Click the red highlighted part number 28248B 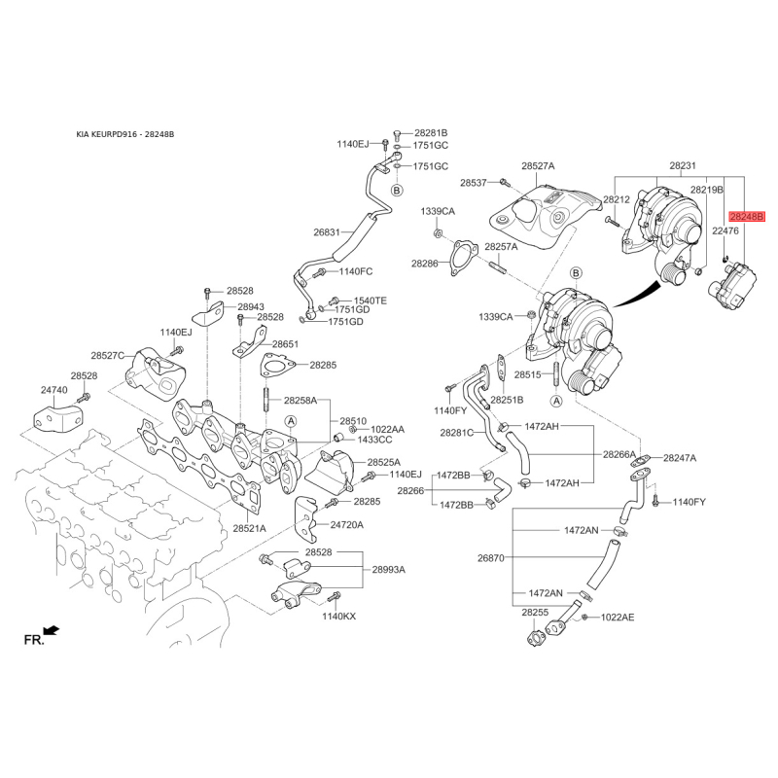[747, 216]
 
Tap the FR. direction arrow [52, 630]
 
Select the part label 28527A [538, 166]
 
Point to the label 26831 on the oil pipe [327, 231]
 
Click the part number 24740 [54, 390]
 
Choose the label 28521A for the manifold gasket [250, 528]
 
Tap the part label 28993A [388, 569]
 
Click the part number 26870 [491, 557]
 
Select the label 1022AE [618, 618]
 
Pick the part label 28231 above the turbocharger [683, 165]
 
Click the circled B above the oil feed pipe [397, 190]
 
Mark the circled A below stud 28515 [556, 401]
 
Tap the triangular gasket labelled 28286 [465, 258]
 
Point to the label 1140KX [338, 617]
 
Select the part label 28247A [680, 458]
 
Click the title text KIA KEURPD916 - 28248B [125, 134]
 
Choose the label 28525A [383, 463]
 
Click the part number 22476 [725, 230]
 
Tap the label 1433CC [374, 440]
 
